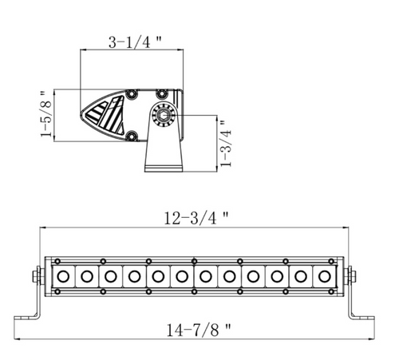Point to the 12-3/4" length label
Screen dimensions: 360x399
(196, 217)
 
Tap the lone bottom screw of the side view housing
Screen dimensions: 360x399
(128, 136)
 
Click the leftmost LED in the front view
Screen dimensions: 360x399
(61, 276)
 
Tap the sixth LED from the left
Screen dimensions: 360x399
(181, 276)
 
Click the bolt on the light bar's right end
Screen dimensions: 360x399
(353, 276)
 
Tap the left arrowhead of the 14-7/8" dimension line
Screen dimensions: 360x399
(18, 316)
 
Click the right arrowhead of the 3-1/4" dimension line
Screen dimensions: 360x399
(183, 52)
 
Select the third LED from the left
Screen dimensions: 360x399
(109, 276)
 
